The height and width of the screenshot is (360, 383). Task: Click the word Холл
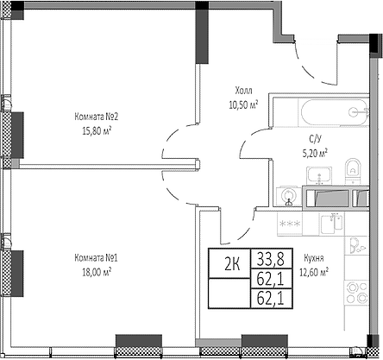pyautogui.click(x=245, y=91)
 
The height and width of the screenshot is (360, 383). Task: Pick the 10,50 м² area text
pyautogui.click(x=245, y=104)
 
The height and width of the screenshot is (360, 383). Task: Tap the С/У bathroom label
pyautogui.click(x=315, y=139)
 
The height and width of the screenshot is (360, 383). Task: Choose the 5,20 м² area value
pyautogui.click(x=315, y=152)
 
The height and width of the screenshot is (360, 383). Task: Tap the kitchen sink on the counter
pyautogui.click(x=328, y=224)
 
